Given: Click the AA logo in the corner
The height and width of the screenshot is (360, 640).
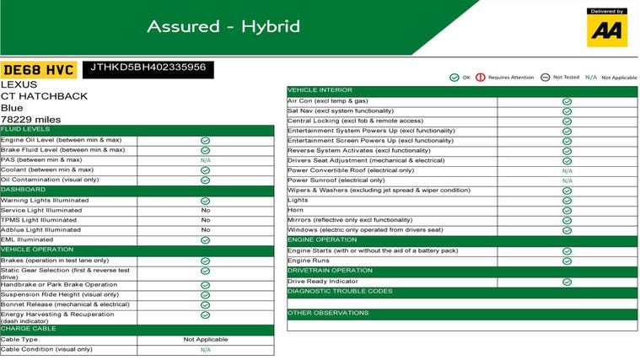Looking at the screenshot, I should (x=607, y=28).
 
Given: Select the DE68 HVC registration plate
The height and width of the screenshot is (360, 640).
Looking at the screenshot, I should (x=39, y=70).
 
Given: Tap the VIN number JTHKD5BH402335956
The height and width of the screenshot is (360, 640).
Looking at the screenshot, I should (x=148, y=67).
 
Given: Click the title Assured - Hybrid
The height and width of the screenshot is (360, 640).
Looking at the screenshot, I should (x=223, y=26).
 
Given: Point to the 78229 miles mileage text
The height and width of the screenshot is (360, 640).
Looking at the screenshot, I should (x=30, y=120).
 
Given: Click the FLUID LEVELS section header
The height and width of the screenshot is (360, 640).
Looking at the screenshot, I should (x=25, y=129).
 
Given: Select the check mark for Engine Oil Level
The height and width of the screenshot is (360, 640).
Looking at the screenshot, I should (x=206, y=140).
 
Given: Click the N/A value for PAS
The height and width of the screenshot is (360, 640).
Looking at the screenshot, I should (x=206, y=160).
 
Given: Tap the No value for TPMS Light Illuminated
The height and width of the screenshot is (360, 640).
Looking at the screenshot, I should (x=206, y=220).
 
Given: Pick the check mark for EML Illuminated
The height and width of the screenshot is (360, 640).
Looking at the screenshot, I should (x=206, y=240).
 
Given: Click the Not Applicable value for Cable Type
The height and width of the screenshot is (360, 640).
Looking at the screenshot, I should (x=206, y=340).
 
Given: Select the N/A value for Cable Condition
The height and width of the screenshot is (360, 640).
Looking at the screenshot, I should (x=206, y=350).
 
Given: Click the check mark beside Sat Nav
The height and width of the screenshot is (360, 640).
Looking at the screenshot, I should (x=567, y=110).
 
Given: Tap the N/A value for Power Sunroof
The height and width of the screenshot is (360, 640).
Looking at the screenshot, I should (x=567, y=180).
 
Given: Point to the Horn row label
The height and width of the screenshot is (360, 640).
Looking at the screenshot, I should (x=297, y=211).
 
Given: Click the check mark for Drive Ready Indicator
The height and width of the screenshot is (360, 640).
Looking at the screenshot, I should (x=567, y=282).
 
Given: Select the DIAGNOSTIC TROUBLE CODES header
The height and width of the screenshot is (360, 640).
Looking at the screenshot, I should (x=340, y=292).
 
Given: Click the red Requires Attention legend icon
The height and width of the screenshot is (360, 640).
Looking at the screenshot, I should (x=481, y=78).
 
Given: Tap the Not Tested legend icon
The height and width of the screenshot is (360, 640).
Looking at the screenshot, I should (x=546, y=78).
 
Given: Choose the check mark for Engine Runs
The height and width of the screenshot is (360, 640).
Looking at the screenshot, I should (x=567, y=261).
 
